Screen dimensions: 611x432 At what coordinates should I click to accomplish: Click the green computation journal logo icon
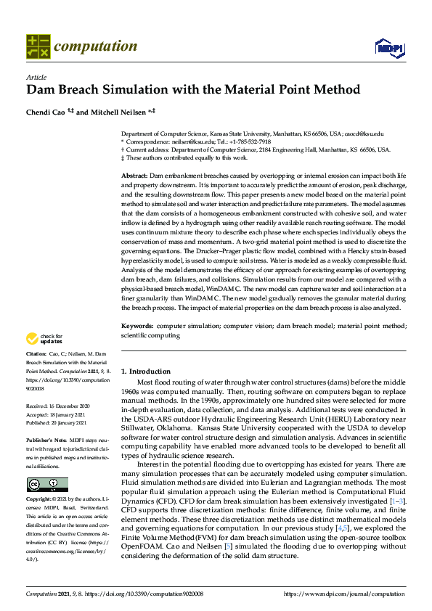pyautogui.click(x=38, y=46)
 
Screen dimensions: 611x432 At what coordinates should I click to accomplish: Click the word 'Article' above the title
pyautogui.click(x=36, y=76)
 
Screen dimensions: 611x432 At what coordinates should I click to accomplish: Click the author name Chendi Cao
pyautogui.click(x=46, y=112)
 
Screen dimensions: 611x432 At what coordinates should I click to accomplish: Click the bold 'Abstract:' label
pyautogui.click(x=134, y=176)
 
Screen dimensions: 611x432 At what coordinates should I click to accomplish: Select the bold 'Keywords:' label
pyautogui.click(x=137, y=327)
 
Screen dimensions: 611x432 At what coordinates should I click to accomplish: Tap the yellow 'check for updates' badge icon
pyautogui.click(x=33, y=338)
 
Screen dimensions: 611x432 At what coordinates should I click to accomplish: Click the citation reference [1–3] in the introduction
pyautogui.click(x=396, y=501)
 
